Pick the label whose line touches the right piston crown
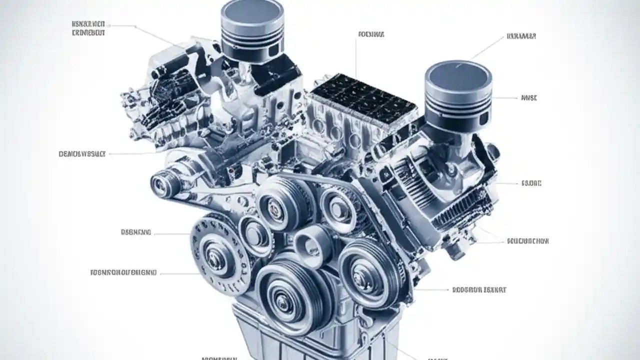coord(521,36)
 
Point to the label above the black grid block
coord(371,35)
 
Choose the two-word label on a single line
coord(479,289)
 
